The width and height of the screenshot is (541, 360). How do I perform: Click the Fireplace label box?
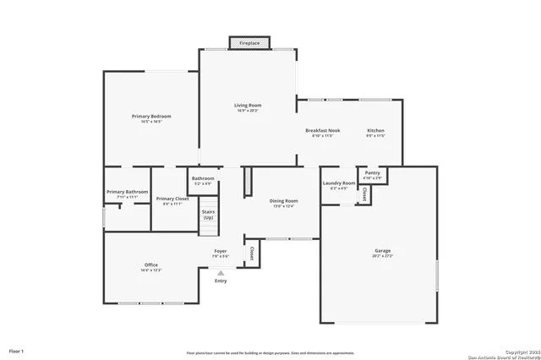click(x=249, y=42)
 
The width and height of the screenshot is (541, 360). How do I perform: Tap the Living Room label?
click(x=248, y=106)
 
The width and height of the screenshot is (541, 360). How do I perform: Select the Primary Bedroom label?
click(x=151, y=116)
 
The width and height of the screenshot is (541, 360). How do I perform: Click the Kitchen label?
click(x=375, y=131)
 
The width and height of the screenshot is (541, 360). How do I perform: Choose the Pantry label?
click(x=372, y=172)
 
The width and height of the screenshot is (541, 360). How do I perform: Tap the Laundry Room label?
click(x=338, y=183)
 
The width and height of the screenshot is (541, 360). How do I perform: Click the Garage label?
click(x=383, y=251)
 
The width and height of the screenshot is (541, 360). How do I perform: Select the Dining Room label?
click(x=282, y=200)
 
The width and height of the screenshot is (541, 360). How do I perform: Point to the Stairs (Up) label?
click(x=208, y=215)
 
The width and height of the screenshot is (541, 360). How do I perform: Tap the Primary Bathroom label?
click(x=128, y=192)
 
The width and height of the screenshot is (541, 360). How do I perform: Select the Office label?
click(x=150, y=265)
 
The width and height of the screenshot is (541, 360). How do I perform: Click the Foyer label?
click(x=220, y=251)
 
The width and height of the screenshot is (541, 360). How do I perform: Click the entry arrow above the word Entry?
click(x=221, y=273)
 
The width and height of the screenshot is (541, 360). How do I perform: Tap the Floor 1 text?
click(x=16, y=350)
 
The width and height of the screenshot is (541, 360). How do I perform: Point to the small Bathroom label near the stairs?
click(x=203, y=178)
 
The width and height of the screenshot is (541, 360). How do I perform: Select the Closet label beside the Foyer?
click(x=251, y=253)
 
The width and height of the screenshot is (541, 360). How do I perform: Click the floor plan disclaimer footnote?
click(x=270, y=352)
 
